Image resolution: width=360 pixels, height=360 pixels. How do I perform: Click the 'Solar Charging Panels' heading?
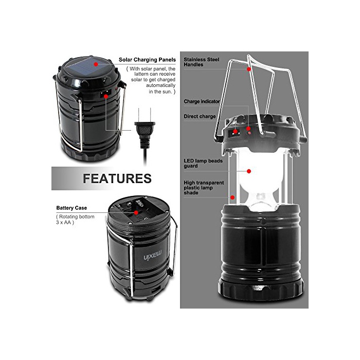coord(147,60)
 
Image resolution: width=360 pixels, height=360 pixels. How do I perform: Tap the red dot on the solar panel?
coord(96,64)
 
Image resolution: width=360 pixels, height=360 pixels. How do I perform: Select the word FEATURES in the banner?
coord(117,178)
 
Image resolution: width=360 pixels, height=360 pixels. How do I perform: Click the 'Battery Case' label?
coord(71,208)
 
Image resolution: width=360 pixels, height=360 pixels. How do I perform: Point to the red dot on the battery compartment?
coord(136,212)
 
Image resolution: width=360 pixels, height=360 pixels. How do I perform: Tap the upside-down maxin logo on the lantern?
coord(153,255)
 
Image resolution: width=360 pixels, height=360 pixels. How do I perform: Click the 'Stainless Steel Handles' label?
coord(202,62)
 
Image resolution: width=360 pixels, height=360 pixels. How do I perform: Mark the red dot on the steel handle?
coord(249,69)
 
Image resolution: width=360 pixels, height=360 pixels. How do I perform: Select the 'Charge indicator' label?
coord(202,101)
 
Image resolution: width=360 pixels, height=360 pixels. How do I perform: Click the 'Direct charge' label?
coord(200,116)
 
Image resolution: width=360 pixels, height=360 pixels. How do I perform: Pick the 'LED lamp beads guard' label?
coord(203,163)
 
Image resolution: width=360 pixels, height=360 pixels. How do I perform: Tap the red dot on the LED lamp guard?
coord(249,171)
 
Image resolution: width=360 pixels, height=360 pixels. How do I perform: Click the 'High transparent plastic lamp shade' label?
coord(204,188)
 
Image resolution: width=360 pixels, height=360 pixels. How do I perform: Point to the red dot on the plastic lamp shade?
coord(232,197)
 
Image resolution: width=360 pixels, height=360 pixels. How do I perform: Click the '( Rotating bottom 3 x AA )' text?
coord(75,220)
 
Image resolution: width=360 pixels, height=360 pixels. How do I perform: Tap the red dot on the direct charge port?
coord(235,132)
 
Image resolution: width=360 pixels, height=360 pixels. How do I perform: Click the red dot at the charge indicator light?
coord(249,129)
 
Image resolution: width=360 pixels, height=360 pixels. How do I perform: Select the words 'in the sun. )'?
coord(162,92)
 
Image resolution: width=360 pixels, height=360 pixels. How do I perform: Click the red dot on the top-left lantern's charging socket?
coord(106,96)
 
